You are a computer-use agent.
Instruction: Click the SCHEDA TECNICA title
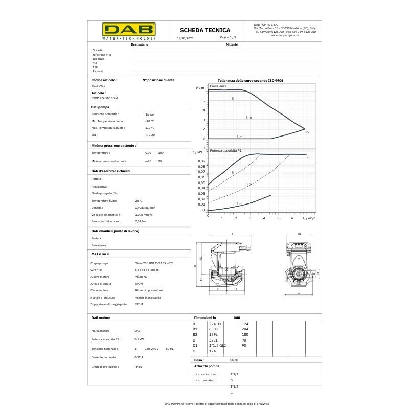[205, 30]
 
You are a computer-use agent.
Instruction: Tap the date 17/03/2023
[185, 38]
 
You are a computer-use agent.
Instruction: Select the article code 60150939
[98, 86]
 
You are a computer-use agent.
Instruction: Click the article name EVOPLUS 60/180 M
[104, 98]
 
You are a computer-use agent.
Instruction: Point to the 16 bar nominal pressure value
[150, 114]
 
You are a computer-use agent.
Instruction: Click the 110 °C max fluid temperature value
[150, 128]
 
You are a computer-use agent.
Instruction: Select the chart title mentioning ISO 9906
[251, 81]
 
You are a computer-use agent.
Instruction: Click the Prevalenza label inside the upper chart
[218, 86]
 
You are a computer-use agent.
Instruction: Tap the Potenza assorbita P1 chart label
[226, 151]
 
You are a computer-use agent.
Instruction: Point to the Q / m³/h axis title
[309, 218]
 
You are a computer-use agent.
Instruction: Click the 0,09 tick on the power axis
[201, 161]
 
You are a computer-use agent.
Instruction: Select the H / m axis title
[200, 88]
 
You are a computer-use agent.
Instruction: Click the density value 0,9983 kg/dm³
[145, 208]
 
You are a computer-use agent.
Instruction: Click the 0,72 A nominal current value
[139, 357]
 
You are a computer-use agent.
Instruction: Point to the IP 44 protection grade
[138, 367]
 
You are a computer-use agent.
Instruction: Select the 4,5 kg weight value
[234, 360]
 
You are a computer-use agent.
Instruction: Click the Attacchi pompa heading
[207, 367]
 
